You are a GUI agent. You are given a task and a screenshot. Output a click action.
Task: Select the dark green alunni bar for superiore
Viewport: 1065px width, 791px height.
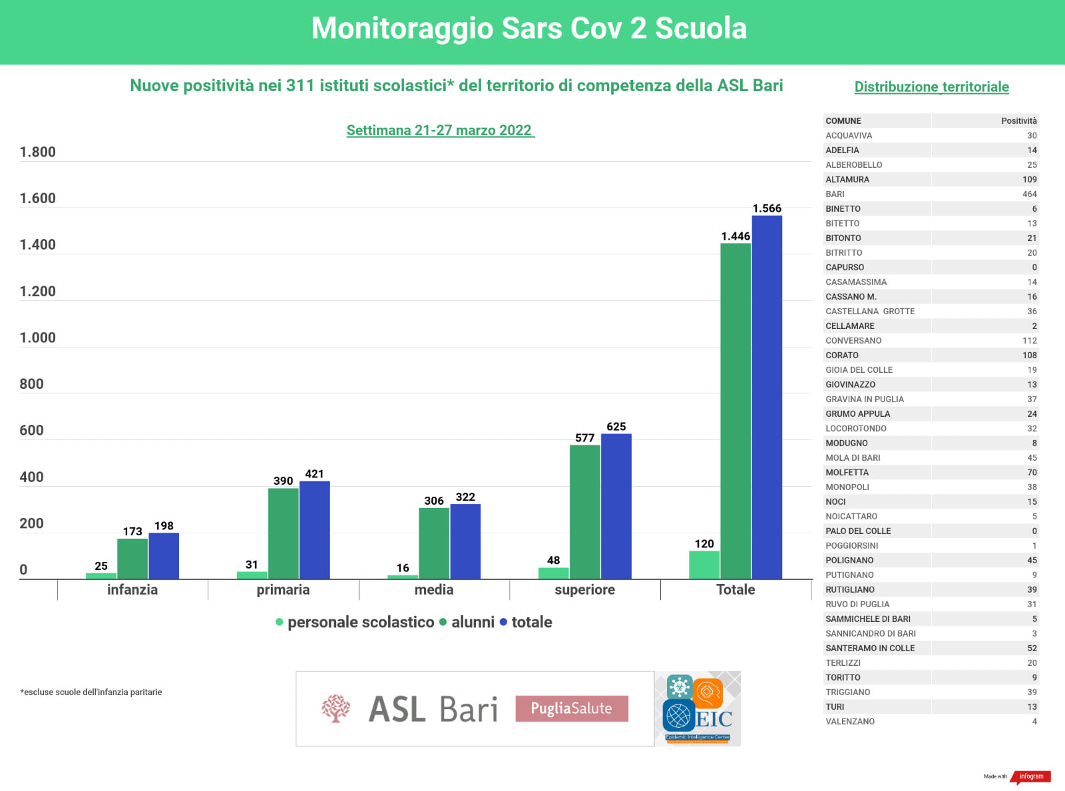coord(584,511)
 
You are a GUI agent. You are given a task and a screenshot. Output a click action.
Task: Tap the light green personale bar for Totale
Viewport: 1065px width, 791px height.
coord(704,565)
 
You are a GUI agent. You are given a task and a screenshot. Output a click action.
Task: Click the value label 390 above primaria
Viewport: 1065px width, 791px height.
coord(283,481)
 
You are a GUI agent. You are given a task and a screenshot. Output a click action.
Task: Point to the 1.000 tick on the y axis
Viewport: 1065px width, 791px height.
coord(37,338)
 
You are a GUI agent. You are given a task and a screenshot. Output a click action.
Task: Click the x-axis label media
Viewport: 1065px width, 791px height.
coord(434,589)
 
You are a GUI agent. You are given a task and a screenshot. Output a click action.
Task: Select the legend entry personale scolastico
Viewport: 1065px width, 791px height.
coord(360,622)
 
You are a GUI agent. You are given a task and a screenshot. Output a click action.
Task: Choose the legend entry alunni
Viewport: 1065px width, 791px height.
coord(473,622)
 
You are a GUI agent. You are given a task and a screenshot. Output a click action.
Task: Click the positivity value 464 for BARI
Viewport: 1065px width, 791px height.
coord(1029,194)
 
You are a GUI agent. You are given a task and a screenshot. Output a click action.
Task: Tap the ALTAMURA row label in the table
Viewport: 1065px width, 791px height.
coord(847,179)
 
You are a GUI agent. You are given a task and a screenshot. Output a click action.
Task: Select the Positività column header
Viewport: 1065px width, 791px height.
coord(1018,121)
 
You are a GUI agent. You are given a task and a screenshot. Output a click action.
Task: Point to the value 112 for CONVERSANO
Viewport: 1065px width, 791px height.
coord(1029,340)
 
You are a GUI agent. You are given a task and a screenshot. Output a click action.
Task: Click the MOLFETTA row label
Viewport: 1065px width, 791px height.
coord(847,472)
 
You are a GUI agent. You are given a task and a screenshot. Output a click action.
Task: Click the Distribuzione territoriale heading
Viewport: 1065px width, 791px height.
coord(931,87)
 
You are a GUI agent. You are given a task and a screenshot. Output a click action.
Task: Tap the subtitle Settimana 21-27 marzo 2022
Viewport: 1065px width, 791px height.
coord(439,131)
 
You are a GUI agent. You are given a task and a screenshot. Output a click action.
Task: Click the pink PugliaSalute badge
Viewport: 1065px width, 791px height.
coord(571,708)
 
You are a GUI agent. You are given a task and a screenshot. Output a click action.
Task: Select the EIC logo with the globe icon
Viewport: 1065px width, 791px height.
coord(698,708)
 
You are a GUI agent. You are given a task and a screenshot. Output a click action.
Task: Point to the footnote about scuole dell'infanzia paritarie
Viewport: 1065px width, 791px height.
coord(91,692)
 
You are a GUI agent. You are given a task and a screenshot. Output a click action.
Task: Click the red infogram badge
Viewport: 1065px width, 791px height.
coord(1031,776)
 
